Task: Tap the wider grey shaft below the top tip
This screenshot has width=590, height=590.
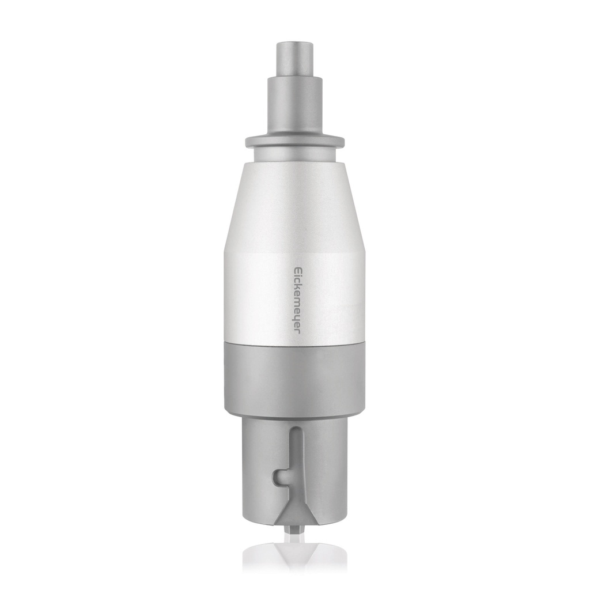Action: [x=294, y=107]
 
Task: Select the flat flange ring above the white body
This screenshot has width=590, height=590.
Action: [x=294, y=141]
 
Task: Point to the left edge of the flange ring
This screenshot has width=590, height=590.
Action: [x=247, y=141]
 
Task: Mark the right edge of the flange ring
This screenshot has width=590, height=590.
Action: [x=343, y=141]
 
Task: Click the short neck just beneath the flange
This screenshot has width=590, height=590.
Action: [x=294, y=154]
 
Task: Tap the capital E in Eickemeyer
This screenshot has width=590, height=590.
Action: [x=298, y=270]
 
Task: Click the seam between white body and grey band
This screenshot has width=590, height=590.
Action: [x=294, y=344]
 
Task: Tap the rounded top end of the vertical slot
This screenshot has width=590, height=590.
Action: [x=295, y=430]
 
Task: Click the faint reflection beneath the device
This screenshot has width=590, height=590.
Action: [x=294, y=553]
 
